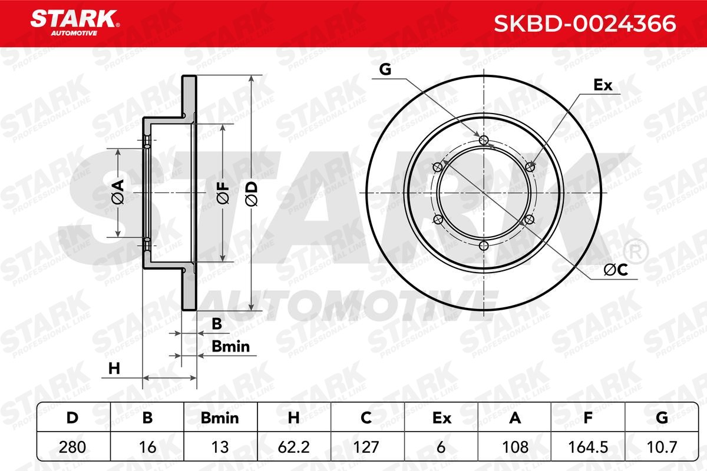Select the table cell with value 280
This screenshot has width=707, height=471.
pos(72,447)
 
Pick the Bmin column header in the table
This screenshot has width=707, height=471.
pos(220,418)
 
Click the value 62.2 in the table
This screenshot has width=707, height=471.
pos(293,447)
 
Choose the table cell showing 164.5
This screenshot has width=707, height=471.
pos(587,447)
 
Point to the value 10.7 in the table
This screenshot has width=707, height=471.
pos(661,447)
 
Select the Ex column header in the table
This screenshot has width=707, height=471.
pos(441,418)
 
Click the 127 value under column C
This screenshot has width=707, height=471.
pos(366,447)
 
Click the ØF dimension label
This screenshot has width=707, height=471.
pos(223,193)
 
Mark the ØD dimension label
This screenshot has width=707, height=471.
pos(251,193)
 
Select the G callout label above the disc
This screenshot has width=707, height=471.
pos(385,69)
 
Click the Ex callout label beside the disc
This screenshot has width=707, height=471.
pos(602,85)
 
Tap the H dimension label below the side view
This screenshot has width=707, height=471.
pos(114,369)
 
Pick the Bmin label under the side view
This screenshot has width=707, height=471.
pos(231,347)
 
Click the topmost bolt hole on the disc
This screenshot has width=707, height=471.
pos(484,140)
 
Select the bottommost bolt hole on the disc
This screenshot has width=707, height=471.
pos(484,246)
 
